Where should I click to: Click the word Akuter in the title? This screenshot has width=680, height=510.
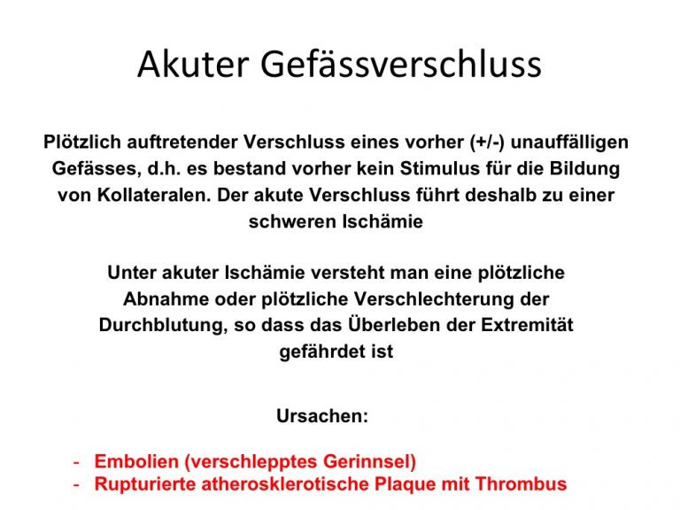click(x=193, y=64)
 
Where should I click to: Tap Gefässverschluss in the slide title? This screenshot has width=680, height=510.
click(x=401, y=64)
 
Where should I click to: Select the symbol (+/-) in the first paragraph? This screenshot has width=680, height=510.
click(x=488, y=143)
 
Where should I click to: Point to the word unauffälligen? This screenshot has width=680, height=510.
click(x=570, y=143)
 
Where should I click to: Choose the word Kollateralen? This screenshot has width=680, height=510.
click(x=154, y=195)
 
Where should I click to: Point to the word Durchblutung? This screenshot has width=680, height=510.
click(x=164, y=325)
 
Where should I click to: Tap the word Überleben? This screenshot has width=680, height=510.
click(x=394, y=324)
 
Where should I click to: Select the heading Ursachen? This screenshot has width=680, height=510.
click(x=322, y=416)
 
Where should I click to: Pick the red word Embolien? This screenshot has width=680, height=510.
click(x=136, y=461)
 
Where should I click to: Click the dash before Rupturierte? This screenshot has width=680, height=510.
click(x=76, y=484)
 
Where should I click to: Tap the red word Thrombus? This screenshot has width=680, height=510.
click(x=521, y=483)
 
